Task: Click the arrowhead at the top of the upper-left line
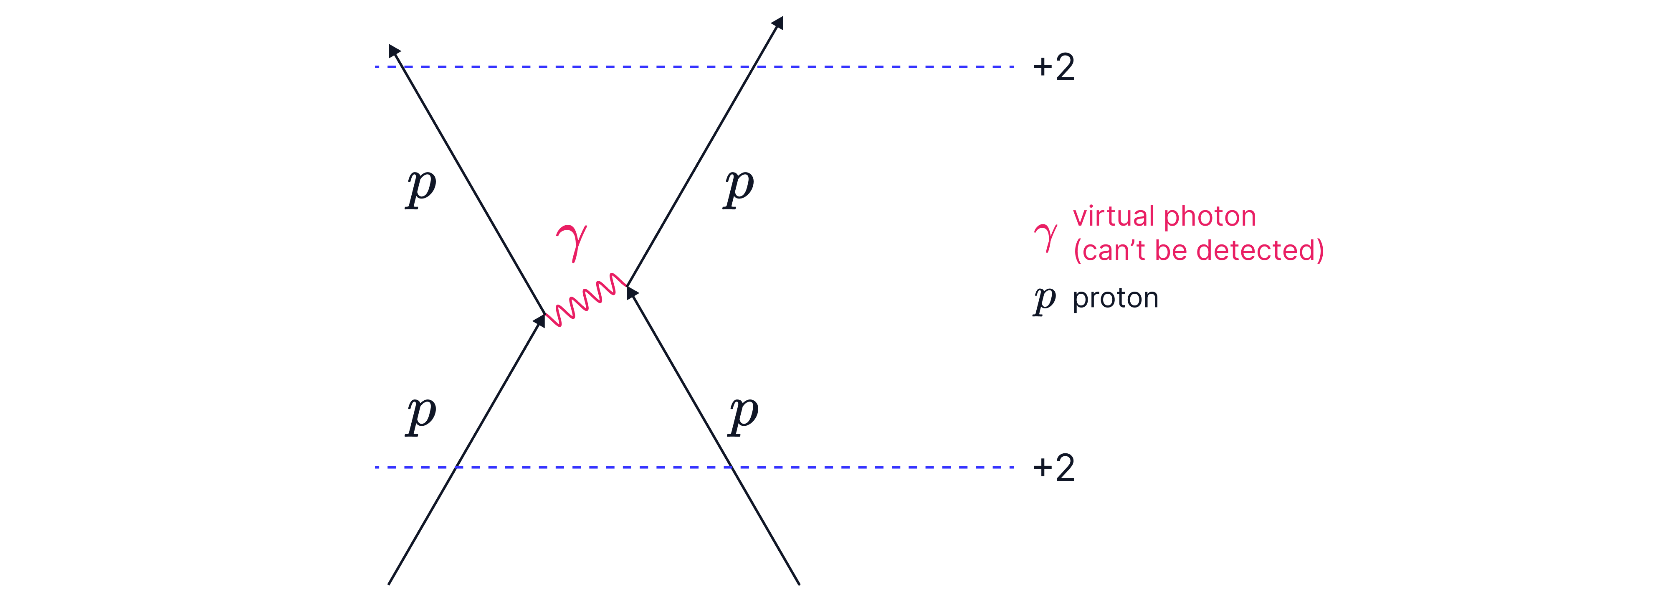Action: (x=394, y=50)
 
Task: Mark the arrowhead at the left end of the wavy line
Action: (x=539, y=320)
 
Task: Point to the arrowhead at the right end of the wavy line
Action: (x=632, y=292)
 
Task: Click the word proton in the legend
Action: (x=1115, y=298)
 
